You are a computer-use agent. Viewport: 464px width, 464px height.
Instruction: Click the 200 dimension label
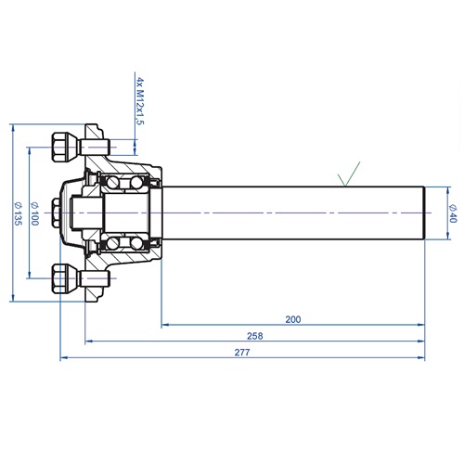click(292, 319)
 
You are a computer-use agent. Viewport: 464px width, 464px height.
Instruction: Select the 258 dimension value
click(255, 336)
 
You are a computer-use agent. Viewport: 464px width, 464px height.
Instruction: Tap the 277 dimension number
click(242, 353)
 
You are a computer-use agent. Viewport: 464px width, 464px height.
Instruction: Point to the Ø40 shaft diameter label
click(453, 213)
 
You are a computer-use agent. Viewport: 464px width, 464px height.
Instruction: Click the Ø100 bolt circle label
click(34, 213)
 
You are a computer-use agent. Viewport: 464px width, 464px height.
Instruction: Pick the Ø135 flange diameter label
click(19, 213)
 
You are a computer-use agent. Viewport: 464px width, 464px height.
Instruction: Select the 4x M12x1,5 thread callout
click(140, 101)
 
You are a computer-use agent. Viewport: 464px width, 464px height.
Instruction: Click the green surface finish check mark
click(349, 174)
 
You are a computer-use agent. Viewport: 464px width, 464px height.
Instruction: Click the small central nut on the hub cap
click(56, 213)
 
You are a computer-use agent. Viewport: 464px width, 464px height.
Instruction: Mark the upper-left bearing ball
click(113, 183)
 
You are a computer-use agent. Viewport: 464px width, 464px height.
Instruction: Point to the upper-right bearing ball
click(136, 183)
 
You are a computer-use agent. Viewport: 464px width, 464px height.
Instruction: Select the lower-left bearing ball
click(113, 243)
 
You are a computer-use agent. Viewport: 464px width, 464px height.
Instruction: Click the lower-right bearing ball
click(136, 243)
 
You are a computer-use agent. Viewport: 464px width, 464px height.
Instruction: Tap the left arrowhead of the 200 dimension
click(165, 325)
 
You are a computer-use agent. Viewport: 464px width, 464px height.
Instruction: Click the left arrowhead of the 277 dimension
click(64, 358)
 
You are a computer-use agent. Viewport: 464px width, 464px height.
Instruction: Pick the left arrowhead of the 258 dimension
click(89, 342)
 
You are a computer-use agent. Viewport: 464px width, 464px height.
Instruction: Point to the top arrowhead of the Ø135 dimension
click(13, 128)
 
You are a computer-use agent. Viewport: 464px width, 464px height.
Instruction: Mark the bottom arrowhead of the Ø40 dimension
click(448, 236)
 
